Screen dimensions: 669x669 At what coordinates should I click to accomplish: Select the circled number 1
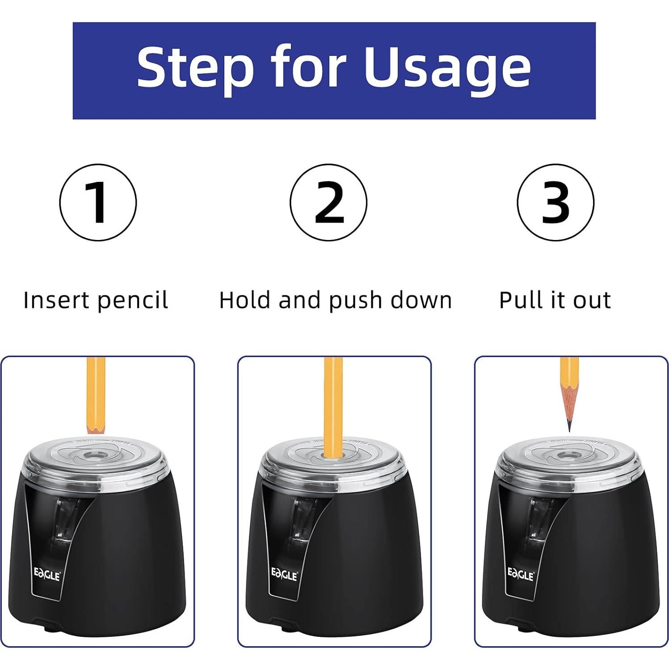coord(98,202)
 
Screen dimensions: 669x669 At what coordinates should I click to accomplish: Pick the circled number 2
coord(328,202)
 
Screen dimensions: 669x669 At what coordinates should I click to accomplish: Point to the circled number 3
coord(555,202)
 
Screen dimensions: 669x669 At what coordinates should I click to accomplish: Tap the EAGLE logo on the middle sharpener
coord(284,574)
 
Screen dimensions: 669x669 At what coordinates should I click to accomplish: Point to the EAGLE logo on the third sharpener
coord(521,574)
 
